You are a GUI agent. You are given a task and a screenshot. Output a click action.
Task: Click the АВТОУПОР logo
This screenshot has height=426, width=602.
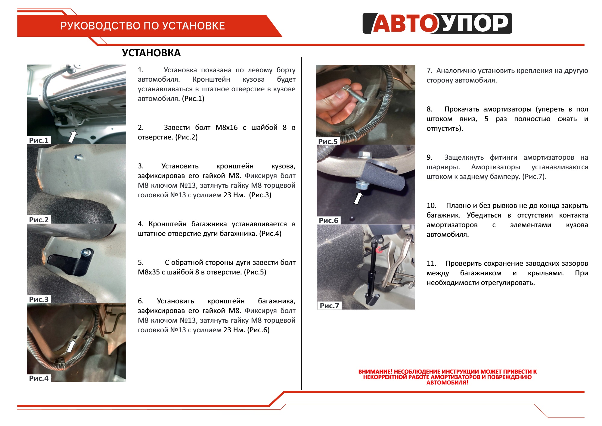coord(437,23)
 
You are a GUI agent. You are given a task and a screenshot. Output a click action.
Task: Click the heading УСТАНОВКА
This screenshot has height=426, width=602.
coord(151,53)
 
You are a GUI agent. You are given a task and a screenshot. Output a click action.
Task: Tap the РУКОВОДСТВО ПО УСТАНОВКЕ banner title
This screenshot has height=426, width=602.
coord(142,26)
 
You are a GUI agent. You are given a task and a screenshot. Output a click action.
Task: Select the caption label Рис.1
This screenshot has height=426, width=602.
coord(39,140)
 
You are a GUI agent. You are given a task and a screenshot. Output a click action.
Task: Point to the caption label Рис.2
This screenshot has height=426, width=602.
coord(39,220)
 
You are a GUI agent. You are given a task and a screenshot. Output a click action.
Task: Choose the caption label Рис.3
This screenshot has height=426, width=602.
coord(39,299)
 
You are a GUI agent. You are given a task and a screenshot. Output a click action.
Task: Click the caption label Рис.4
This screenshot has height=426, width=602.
coord(39,378)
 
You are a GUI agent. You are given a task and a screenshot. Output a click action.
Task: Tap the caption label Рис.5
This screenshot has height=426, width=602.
coord(328,141)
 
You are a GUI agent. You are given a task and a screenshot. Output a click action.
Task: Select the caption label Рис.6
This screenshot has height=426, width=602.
coord(328,220)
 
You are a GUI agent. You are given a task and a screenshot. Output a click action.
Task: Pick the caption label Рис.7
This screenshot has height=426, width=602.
coord(329,305)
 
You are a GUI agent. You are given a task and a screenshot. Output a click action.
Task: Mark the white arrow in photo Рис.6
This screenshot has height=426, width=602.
coord(358,198)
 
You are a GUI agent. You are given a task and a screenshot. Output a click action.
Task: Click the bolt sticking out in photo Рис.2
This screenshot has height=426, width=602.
coord(79,157)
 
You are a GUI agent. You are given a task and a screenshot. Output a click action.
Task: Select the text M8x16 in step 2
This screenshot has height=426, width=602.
coord(227,127)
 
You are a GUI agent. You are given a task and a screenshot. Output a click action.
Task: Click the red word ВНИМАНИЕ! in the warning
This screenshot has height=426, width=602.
coord(375,371)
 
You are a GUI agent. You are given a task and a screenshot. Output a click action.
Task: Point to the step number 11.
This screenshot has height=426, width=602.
coord(431,263)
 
